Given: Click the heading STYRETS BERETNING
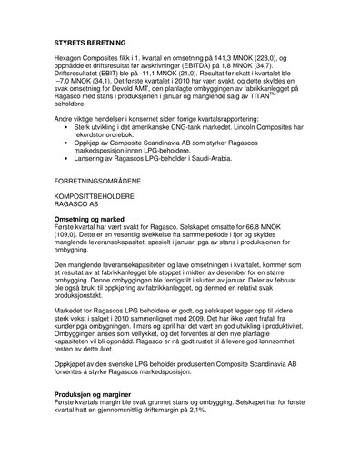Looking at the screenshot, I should coord(91,42).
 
